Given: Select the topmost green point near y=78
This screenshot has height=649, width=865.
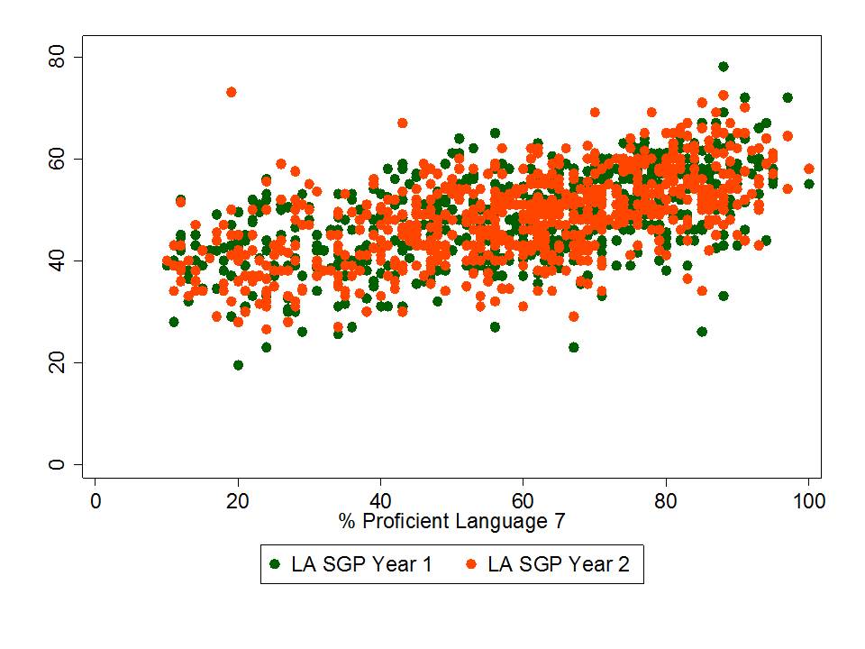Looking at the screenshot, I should pos(723,67).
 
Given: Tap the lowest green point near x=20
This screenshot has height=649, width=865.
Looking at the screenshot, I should pos(238,365).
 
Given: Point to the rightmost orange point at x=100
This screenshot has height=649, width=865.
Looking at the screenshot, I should pos(808,169).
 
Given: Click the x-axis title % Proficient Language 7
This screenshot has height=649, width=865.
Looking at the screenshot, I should pos(451,521).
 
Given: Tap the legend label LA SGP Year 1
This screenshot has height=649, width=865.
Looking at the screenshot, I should pos(361,565).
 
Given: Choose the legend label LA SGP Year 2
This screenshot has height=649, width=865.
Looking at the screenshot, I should pos(559,565).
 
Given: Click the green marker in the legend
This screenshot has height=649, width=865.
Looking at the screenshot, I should pos(275,565).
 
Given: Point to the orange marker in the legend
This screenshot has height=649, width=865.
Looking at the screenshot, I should pos(471,565).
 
